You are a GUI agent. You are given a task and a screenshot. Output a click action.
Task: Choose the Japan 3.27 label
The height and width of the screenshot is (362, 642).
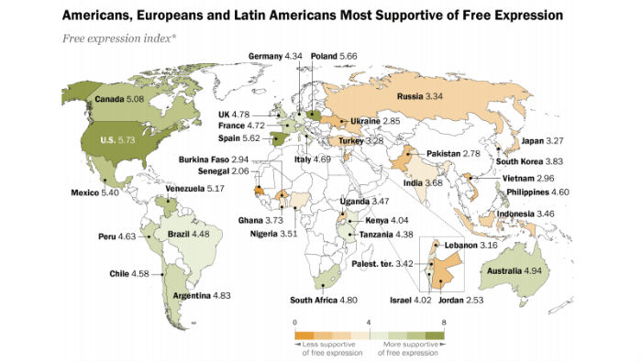[x=539, y=142]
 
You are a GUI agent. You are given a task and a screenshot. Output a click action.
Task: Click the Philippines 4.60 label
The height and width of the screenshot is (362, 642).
[x=537, y=192]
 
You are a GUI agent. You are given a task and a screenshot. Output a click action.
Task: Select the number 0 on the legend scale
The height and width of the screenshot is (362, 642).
[x=295, y=324]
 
